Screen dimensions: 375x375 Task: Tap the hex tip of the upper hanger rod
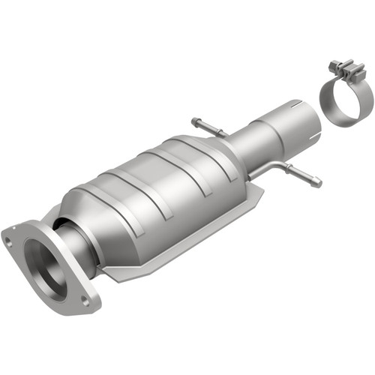pyautogui.click(x=195, y=121)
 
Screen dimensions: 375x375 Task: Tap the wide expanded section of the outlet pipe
pyautogui.click(x=281, y=124)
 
